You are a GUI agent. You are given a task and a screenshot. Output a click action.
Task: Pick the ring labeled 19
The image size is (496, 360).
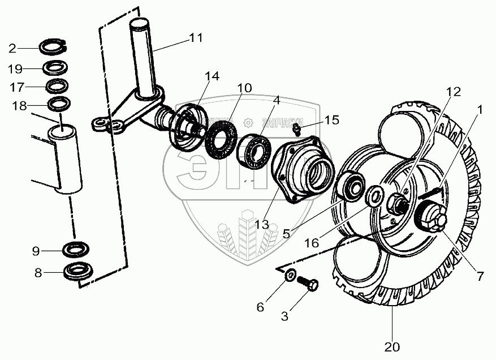click(56, 68)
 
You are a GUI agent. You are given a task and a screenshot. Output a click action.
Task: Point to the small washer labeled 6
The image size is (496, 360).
click(289, 276)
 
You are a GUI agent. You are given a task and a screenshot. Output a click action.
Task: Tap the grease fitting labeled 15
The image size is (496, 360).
click(297, 131)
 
